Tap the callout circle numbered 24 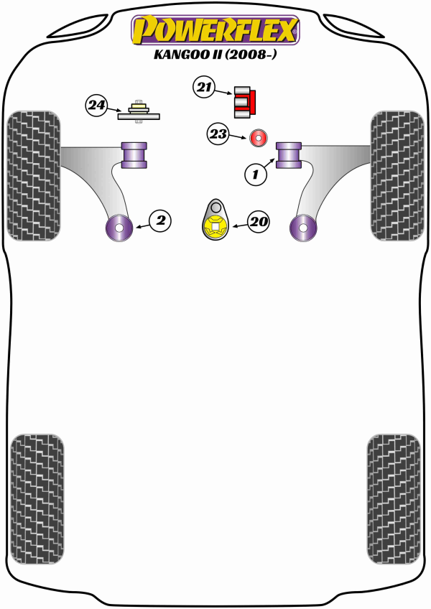[x=96, y=107]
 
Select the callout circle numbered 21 [x=203, y=88]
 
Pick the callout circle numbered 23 [x=218, y=134]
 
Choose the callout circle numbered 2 [x=161, y=220]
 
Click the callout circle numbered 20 [x=259, y=223]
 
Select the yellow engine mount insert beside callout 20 [x=215, y=228]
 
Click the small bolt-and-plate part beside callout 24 [x=139, y=111]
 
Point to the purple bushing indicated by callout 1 [x=289, y=155]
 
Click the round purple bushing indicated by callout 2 [x=119, y=229]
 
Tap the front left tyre [x=33, y=175]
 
